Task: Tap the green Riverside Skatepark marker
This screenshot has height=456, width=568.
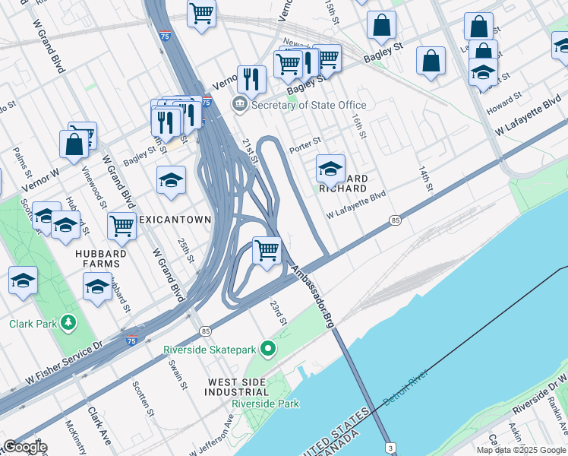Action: [x=267, y=350]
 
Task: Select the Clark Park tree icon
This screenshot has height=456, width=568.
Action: [x=69, y=324]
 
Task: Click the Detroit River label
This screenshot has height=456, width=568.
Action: [x=405, y=387]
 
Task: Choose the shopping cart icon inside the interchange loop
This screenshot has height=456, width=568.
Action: [x=267, y=250]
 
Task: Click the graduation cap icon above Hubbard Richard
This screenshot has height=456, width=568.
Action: [x=330, y=169]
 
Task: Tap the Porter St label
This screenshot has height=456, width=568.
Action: [x=305, y=141]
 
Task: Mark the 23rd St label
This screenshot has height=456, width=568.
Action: [x=279, y=312]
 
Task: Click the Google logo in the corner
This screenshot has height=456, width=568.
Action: [x=24, y=447]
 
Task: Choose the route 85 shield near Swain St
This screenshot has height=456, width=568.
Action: [x=206, y=331]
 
